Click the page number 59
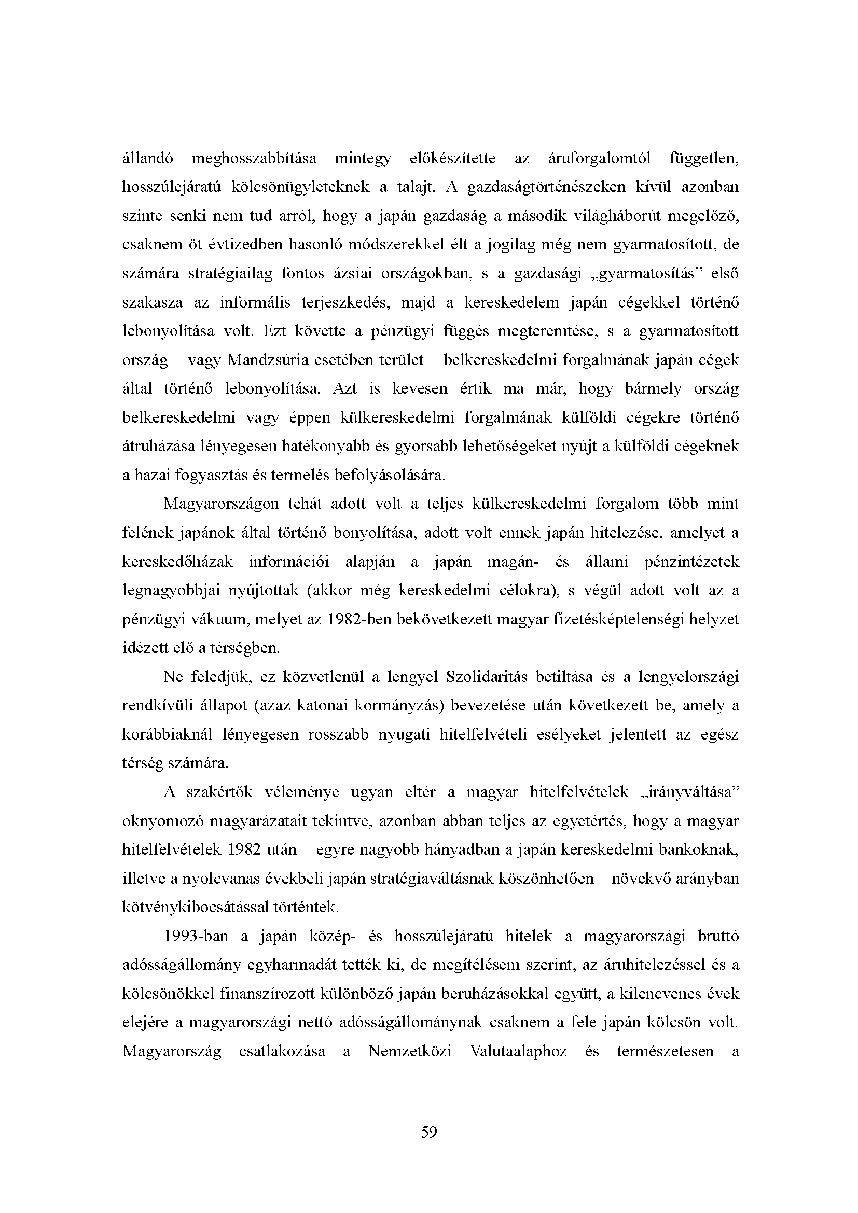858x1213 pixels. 429,1132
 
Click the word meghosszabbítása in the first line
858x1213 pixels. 254,159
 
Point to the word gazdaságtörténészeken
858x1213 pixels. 546,187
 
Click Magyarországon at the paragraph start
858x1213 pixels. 222,504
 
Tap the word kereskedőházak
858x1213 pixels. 177,562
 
